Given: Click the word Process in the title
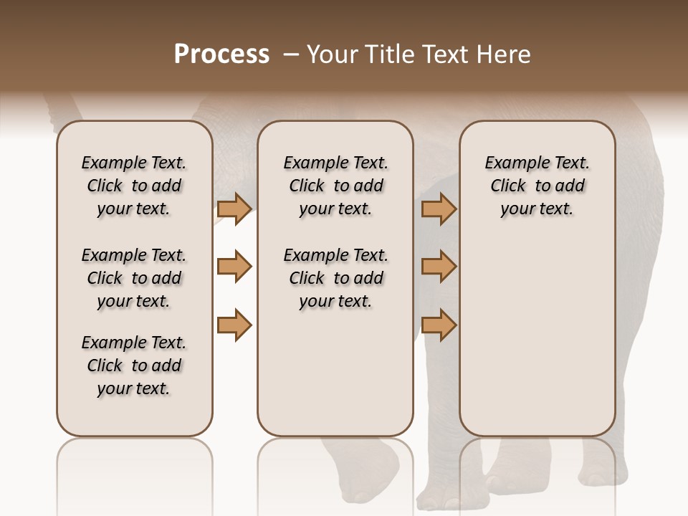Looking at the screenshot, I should coord(221,54).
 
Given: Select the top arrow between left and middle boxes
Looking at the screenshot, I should coord(234,209).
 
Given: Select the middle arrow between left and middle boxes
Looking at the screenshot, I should coord(234,267).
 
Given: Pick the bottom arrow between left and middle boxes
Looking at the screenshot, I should coord(234,325).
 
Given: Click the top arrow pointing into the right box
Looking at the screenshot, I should coord(439,209).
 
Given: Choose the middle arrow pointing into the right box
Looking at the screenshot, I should coord(439,267).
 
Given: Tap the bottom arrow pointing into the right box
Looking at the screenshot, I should coord(439,325).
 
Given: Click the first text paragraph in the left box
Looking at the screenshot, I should coord(134,186).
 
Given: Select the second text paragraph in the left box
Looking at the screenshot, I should coord(134,278).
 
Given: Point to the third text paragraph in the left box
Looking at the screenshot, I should coord(134,365).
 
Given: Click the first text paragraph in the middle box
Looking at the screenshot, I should coord(335,186).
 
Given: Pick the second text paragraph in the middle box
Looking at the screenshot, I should coord(335,278).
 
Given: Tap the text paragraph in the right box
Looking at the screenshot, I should coord(537,186).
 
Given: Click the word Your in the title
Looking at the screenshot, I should coord(330,54).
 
